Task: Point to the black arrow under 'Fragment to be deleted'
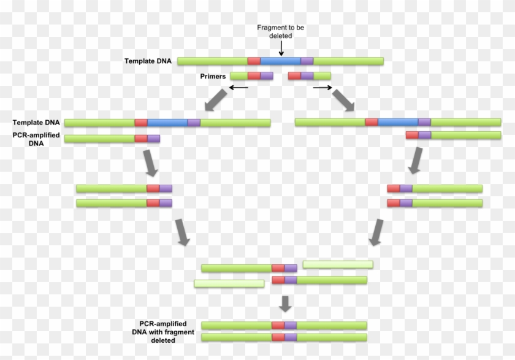coord(281,49)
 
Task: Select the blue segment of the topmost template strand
coord(280,61)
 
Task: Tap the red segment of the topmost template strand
coord(254,61)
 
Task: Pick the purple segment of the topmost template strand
coord(307,61)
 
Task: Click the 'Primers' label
coord(213,76)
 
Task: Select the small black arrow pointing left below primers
coord(238,88)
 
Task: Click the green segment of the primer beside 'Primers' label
coord(238,76)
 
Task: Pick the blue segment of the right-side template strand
coord(398,122)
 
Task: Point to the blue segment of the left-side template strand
coord(167,123)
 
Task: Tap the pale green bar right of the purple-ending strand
coord(338,264)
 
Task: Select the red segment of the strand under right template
coord(412,135)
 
